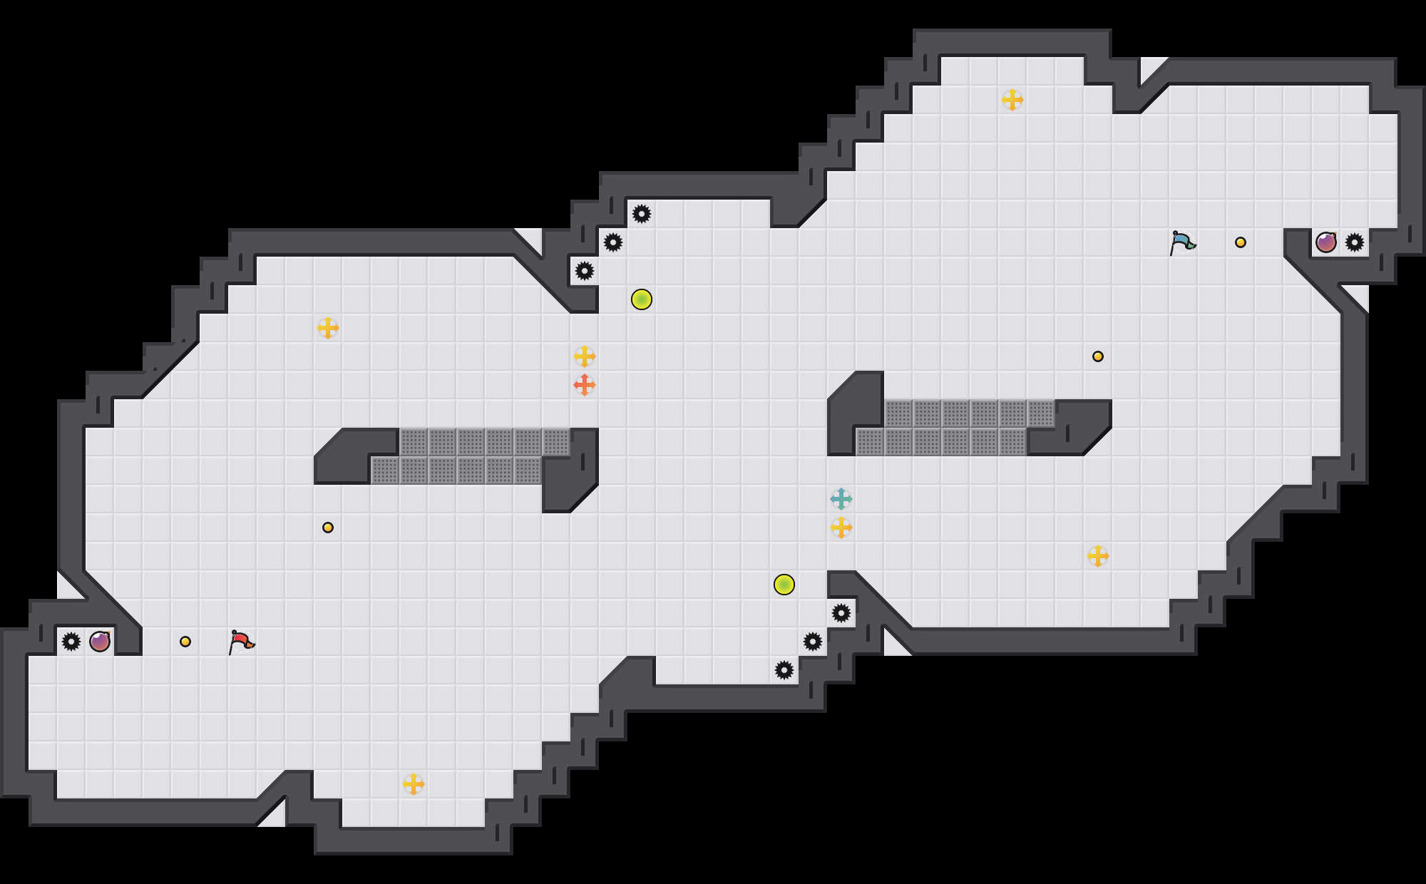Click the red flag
click(241, 642)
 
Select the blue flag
click(1182, 242)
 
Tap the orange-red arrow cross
click(585, 385)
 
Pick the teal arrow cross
click(841, 499)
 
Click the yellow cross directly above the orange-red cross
click(585, 356)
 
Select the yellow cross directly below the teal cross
click(841, 528)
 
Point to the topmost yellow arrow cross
click(1012, 100)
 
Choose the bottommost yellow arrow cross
click(414, 784)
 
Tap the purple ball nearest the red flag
click(100, 642)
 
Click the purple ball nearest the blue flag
click(1326, 242)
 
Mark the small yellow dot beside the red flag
click(185, 642)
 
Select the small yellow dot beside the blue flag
click(1241, 242)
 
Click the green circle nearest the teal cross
click(784, 585)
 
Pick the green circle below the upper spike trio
click(642, 299)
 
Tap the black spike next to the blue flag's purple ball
click(1355, 242)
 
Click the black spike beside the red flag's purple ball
click(71, 642)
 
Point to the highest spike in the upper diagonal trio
click(642, 214)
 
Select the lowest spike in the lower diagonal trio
click(784, 670)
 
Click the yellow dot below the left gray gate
click(328, 528)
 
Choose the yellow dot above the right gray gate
click(1098, 356)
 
